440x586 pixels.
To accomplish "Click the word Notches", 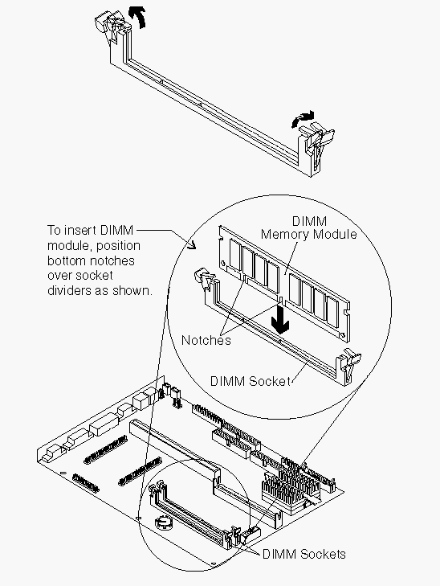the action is [x=206, y=340].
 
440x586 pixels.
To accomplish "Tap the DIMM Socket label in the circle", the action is [x=250, y=381].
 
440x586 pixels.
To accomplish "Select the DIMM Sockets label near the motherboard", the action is [x=304, y=554].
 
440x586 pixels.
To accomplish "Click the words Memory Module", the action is [x=308, y=235].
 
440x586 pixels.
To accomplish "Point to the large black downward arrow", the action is [x=280, y=318].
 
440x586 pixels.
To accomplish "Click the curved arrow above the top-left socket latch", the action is [x=137, y=18].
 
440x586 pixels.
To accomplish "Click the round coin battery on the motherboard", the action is [x=164, y=522].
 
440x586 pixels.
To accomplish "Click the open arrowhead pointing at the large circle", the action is [x=191, y=245].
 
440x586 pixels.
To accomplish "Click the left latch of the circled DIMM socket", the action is [x=203, y=278].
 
